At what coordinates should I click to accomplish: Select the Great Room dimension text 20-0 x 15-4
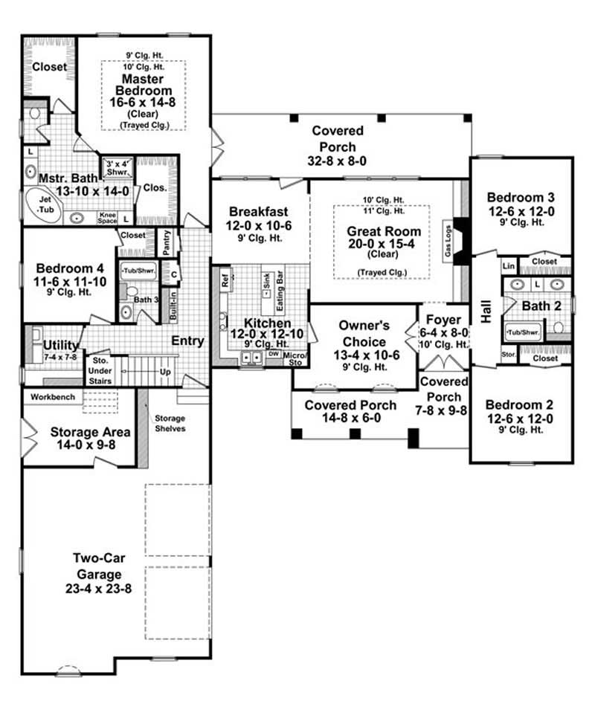click(x=384, y=245)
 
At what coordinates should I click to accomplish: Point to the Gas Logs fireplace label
click(x=448, y=239)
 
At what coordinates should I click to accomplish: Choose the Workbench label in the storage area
click(x=53, y=397)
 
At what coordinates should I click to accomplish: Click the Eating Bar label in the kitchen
click(x=280, y=283)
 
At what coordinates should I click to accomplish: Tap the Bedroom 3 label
click(x=520, y=197)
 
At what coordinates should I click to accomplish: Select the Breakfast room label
click(x=258, y=212)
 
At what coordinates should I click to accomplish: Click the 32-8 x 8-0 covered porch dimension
click(x=333, y=160)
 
